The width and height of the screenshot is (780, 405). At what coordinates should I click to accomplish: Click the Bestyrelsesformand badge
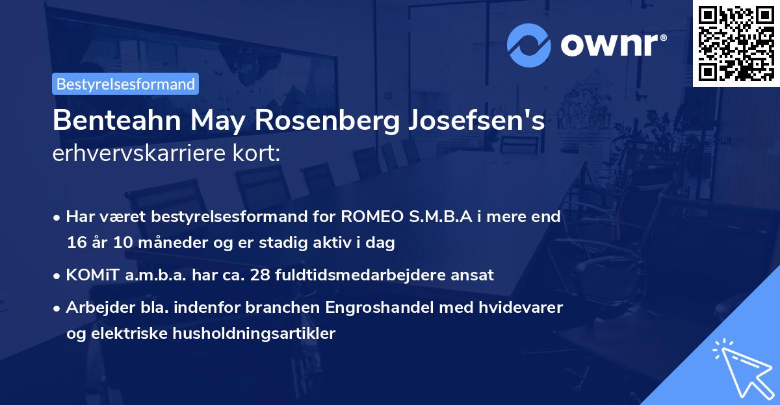(125, 84)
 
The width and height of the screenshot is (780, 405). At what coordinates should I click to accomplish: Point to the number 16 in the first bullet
(75, 243)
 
